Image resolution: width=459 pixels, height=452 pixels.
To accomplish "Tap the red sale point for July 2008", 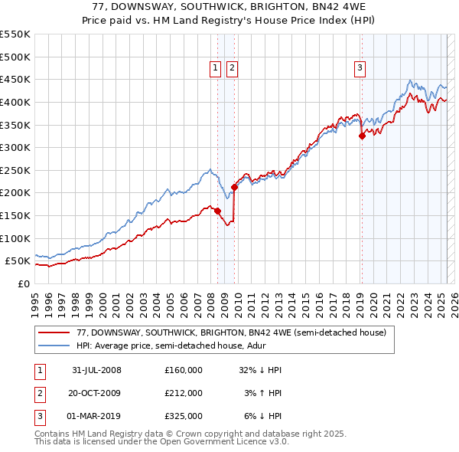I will pyautogui.click(x=218, y=211).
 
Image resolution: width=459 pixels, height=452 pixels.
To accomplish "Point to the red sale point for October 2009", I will pyautogui.click(x=234, y=187).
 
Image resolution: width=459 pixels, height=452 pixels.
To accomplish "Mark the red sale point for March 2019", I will pyautogui.click(x=362, y=136).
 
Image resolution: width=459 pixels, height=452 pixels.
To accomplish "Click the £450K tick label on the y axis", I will pyautogui.click(x=15, y=79).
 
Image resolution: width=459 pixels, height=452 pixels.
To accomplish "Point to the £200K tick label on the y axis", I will pyautogui.click(x=15, y=193).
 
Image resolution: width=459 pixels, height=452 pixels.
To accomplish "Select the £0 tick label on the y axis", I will pyautogui.click(x=23, y=284).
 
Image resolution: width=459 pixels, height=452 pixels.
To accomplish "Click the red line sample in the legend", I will pyautogui.click(x=54, y=332).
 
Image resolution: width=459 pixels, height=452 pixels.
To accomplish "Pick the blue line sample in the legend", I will pyautogui.click(x=54, y=346).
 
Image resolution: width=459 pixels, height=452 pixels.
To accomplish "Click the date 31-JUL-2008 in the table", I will pyautogui.click(x=96, y=370).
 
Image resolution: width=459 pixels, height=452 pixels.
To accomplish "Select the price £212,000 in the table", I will pyautogui.click(x=184, y=393).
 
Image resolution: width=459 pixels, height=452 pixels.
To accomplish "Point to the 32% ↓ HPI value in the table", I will pyautogui.click(x=261, y=370).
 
